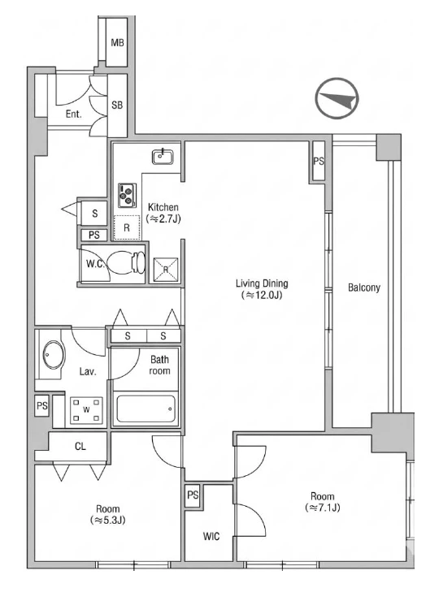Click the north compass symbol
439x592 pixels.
coord(337,98)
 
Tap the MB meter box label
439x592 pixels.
coord(117,43)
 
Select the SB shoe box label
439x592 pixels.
coord(117,105)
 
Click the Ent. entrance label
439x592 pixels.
coord(73,114)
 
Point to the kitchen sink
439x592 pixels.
coord(163,157)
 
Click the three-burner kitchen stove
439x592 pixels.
coord(127,195)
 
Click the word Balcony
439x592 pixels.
coord(363,287)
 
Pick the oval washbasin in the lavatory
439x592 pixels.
coord(54,355)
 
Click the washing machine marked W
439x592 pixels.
coord(87,409)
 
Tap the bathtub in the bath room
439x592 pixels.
coord(146,409)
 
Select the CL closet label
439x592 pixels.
coord(80,447)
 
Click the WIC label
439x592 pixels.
coord(211,536)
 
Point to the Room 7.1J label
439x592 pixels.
coord(323,502)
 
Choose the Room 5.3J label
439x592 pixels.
coord(108,515)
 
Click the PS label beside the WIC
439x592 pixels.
coord(193,495)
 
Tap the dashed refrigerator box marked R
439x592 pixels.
coord(127,227)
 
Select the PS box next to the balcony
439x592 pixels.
coord(319,162)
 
